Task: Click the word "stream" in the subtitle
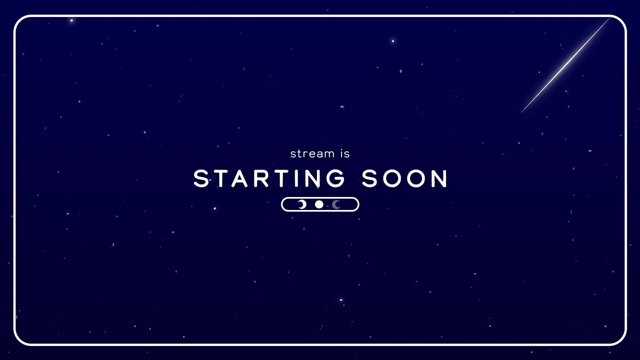click(x=312, y=154)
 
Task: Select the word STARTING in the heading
click(x=269, y=178)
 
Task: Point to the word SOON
click(x=404, y=178)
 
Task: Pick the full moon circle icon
click(x=319, y=204)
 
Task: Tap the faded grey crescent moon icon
click(x=336, y=204)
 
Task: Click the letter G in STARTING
click(x=336, y=178)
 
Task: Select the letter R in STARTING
click(x=261, y=178)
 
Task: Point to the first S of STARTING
click(x=201, y=178)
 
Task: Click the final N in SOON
click(x=439, y=178)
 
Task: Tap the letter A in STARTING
click(x=239, y=178)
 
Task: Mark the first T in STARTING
click(x=219, y=178)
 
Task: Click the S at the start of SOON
click(x=369, y=178)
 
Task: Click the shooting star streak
click(x=565, y=65)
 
